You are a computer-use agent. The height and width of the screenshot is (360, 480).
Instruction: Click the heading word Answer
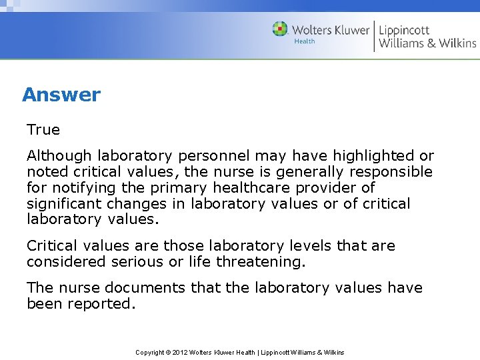click(x=61, y=95)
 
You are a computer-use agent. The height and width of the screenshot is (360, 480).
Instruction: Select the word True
click(x=43, y=130)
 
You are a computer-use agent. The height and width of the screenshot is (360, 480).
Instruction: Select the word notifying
click(x=85, y=188)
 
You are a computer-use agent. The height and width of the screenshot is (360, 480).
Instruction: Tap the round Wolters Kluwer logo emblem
click(x=280, y=29)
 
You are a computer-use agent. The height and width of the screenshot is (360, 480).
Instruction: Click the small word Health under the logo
click(x=304, y=41)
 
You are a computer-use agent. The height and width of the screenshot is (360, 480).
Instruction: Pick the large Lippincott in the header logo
click(x=405, y=29)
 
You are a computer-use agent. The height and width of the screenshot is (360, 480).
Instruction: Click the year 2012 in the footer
click(x=179, y=352)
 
